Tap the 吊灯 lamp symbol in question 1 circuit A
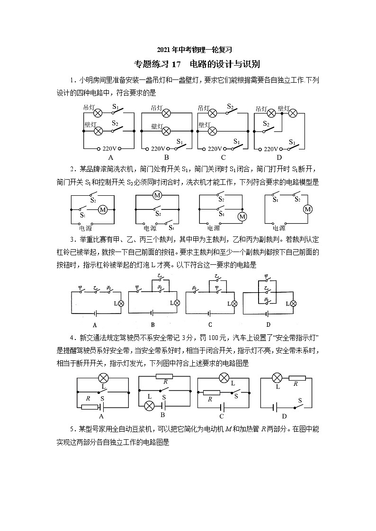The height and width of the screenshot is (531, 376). [x=98, y=113]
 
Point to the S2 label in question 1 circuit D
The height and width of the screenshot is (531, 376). [x=266, y=124]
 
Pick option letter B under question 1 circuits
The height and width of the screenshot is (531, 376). [x=166, y=157]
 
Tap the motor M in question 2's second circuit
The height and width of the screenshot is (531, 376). [x=157, y=196]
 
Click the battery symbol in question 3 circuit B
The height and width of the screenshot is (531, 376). [x=152, y=313]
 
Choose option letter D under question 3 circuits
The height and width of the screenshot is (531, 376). [x=268, y=324]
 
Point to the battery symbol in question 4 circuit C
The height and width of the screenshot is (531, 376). [x=221, y=406]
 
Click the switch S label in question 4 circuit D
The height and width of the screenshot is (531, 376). [x=299, y=400]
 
